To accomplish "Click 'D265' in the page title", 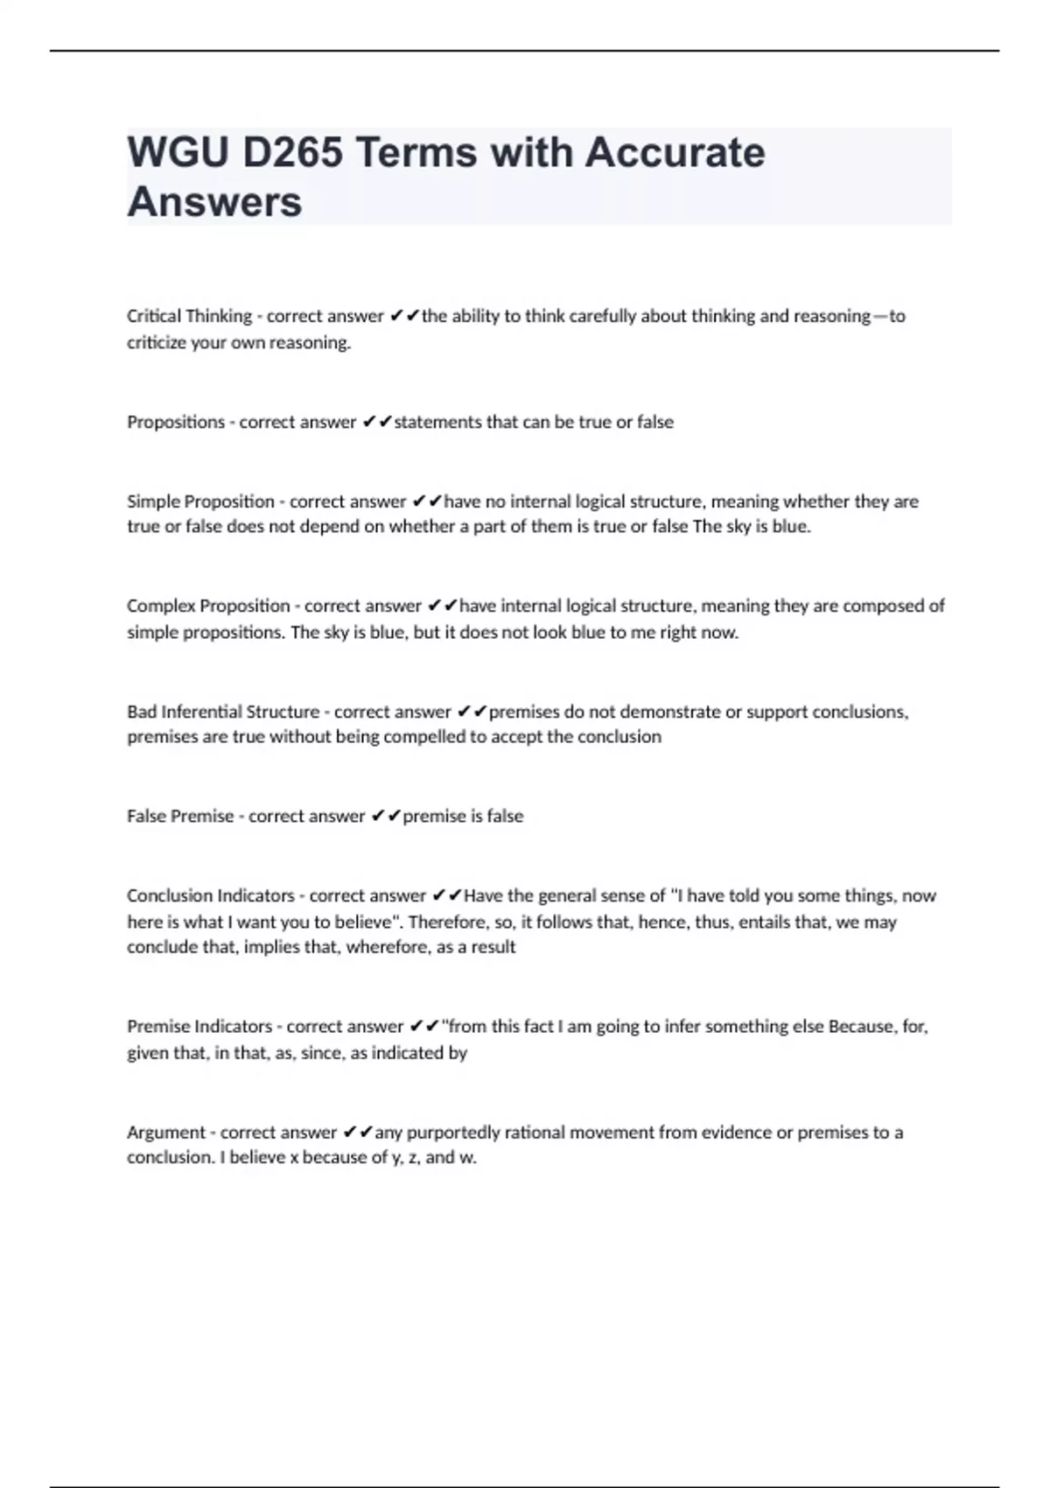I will pos(292,152).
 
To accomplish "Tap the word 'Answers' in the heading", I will pos(214,202).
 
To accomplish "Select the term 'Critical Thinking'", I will pos(189,316).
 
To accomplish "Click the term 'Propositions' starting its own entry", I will pos(176,422).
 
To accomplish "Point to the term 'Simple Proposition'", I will pos(200,502).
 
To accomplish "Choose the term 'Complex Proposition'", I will pos(208,606).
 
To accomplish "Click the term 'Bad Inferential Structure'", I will pos(223,712).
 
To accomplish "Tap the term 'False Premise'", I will pos(180,816).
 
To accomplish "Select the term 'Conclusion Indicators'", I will pos(211,895).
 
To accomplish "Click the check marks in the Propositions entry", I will pos(377,422).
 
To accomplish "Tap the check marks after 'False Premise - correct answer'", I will pos(386,816).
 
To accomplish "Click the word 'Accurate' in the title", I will pos(675,152).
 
